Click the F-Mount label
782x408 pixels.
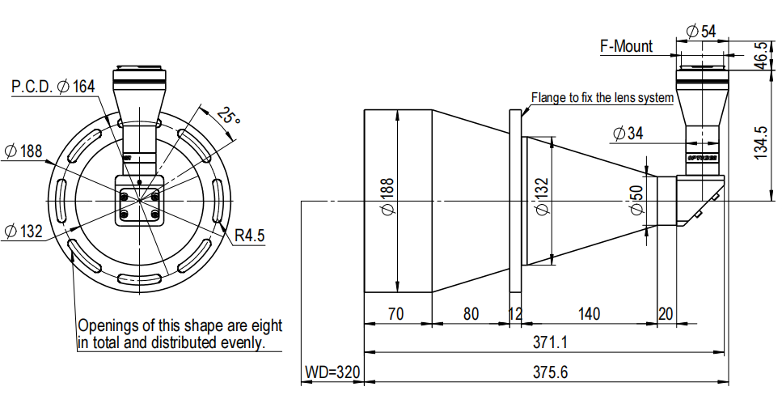coord(626,46)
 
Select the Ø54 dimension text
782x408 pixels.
coord(700,32)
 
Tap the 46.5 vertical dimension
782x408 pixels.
coord(762,55)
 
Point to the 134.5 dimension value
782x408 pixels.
coord(761,142)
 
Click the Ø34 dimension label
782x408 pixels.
coord(628,134)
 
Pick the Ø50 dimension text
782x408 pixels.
coord(636,200)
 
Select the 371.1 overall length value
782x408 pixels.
coord(550,342)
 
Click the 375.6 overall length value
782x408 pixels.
coord(550,372)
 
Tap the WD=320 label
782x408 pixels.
coord(332,372)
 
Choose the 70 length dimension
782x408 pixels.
coord(395,314)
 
